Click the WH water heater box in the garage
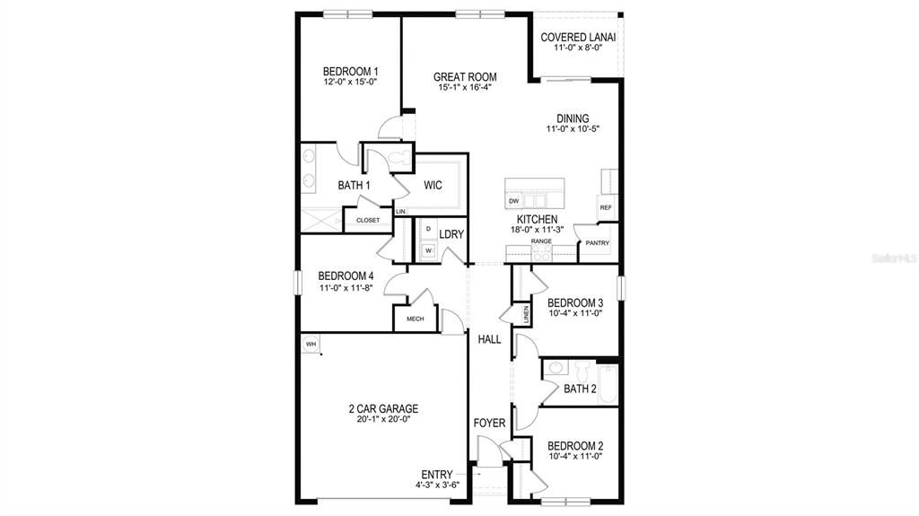tap(311, 344)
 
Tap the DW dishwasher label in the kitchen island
tap(514, 201)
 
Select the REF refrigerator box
tap(606, 207)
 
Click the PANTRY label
tap(597, 243)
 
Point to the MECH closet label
tap(415, 319)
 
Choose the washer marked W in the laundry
tap(428, 250)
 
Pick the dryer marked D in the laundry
tap(428, 230)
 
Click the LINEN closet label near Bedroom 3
tap(526, 314)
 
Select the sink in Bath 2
tap(556, 368)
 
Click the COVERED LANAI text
tap(577, 37)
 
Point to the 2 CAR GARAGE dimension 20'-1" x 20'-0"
tap(383, 419)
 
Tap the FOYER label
tap(489, 423)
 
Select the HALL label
tap(489, 339)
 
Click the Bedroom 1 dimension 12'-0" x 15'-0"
tap(350, 82)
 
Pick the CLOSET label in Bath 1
tap(368, 220)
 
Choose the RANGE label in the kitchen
tap(540, 241)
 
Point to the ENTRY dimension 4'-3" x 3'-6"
tap(437, 485)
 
